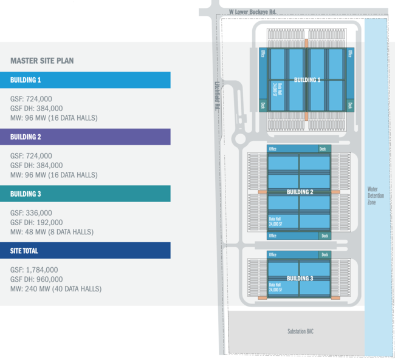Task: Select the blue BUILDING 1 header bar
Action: coord(85,80)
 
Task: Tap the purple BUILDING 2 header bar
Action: coord(85,137)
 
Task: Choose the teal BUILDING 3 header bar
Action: coord(85,194)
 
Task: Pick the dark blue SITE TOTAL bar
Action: coord(85,250)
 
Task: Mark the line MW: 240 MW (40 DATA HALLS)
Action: coord(56,289)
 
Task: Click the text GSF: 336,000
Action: coord(32,212)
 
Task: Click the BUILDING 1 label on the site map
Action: coord(307,80)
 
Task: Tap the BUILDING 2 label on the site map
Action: coord(300,192)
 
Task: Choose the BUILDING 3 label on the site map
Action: coord(299,277)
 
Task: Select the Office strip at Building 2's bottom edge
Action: coord(273,236)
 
